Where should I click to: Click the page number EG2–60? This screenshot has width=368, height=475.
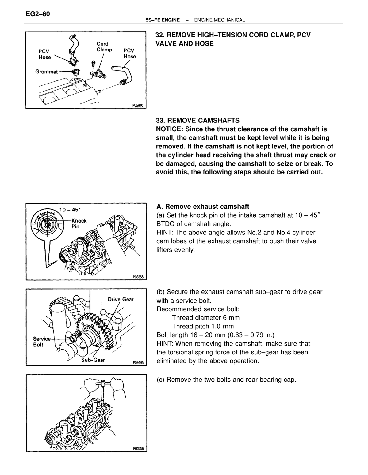coord(38,14)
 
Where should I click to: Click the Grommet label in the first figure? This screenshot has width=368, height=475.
coord(46,72)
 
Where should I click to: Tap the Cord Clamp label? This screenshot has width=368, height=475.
coord(105,47)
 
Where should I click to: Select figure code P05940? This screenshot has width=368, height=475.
coord(138,105)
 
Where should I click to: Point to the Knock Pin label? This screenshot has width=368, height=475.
coord(79,223)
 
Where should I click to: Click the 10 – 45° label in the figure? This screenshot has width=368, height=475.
coord(70,210)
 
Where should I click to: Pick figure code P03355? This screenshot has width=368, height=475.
coord(138,277)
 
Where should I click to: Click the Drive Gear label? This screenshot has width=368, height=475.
coord(121,299)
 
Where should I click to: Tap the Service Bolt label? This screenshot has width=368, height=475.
coord(42,342)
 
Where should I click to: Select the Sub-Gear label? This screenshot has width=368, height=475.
coord(93,360)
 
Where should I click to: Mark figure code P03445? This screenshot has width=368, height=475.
coord(138,363)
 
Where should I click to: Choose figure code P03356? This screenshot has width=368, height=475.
coord(139,449)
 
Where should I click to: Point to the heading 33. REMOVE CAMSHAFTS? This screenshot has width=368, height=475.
coord(198,121)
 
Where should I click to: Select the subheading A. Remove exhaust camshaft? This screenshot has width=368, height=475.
coord(203,207)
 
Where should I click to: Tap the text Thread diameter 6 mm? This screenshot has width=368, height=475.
coord(206,318)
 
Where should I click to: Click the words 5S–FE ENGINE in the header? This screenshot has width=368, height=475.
coord(163,20)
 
